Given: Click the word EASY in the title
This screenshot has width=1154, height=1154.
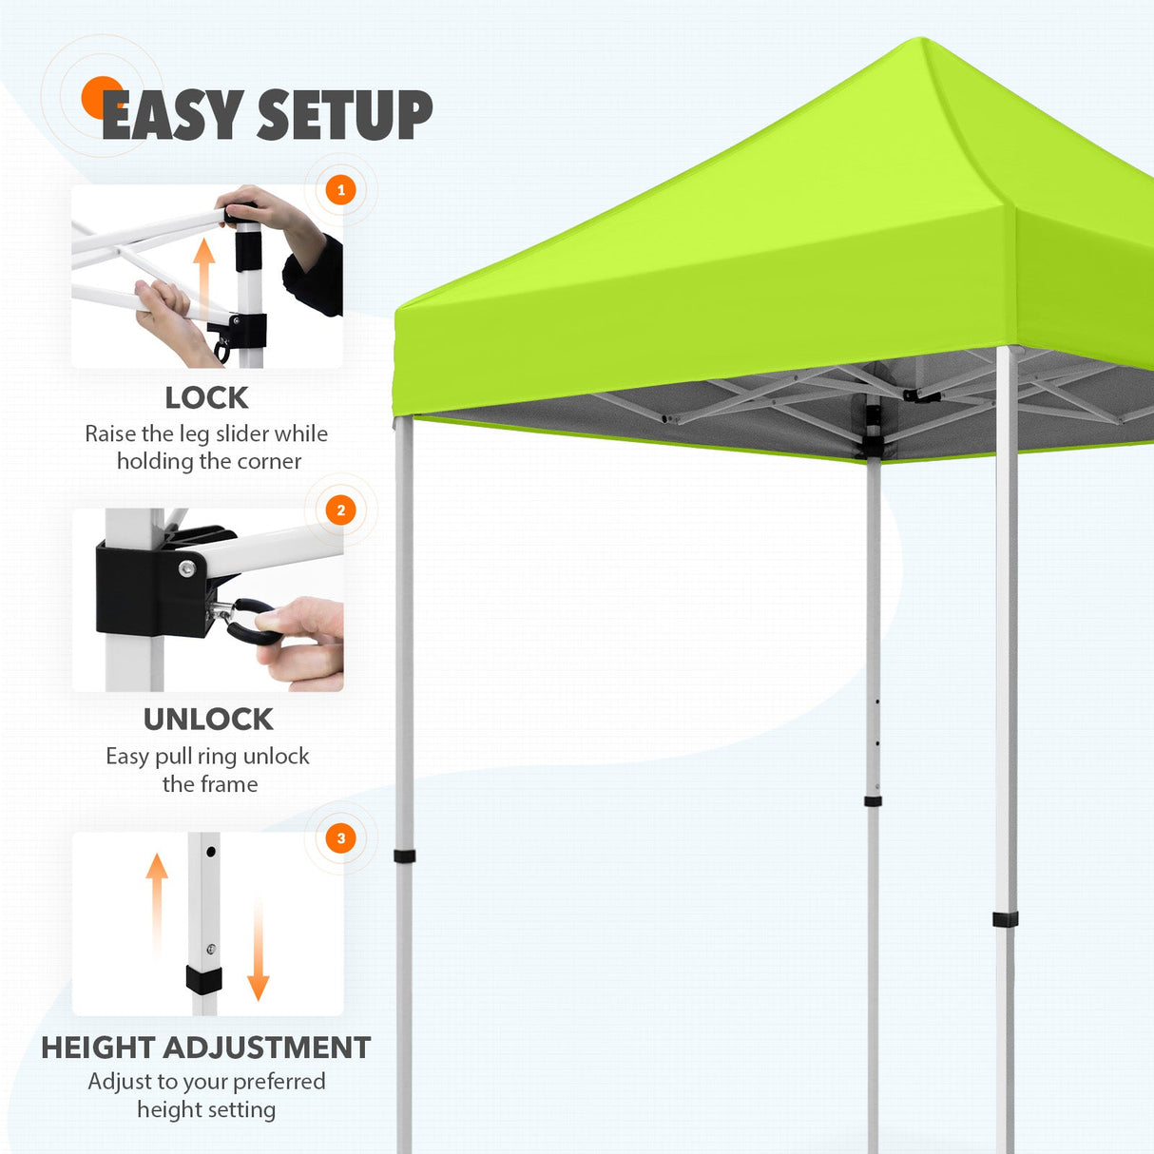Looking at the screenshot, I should [x=171, y=116].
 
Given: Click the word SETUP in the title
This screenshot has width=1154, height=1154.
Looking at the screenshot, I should [x=345, y=116].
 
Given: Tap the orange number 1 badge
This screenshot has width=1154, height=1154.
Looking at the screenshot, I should [x=341, y=190].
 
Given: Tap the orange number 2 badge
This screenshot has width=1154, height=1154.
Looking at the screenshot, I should [x=341, y=510].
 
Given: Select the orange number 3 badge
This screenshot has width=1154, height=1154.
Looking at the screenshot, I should [x=341, y=838].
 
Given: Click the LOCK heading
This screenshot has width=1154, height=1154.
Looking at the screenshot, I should [x=206, y=397].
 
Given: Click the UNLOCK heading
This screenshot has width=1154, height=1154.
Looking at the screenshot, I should [x=208, y=720].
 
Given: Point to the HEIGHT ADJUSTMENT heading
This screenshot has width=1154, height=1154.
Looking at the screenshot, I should [x=205, y=1048].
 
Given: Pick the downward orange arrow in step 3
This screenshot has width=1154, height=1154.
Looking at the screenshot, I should [x=258, y=951].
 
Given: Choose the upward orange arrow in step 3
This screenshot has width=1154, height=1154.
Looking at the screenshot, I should [x=157, y=903].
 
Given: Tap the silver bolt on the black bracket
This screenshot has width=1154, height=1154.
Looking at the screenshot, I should [x=186, y=568].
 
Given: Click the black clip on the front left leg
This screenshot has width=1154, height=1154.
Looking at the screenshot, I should [x=405, y=856].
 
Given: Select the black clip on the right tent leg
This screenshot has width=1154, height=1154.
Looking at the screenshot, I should [x=1005, y=919].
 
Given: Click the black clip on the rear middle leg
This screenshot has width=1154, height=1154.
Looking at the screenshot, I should [x=873, y=801].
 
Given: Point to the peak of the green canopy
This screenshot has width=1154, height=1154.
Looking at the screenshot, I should [x=920, y=42].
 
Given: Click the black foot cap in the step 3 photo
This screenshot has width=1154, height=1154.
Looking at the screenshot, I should [x=203, y=980].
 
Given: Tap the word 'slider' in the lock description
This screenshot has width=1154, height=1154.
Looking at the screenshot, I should [x=241, y=434].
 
